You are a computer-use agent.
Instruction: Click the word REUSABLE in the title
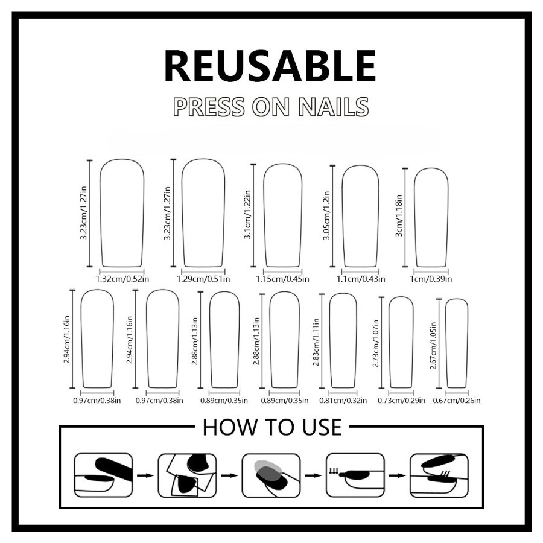[270, 66]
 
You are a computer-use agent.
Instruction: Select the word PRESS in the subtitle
[209, 106]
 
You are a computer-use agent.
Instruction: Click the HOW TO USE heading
[272, 427]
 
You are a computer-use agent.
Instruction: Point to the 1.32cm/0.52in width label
[122, 279]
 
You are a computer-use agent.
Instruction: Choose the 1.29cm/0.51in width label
[203, 279]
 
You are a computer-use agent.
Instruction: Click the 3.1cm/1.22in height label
[247, 214]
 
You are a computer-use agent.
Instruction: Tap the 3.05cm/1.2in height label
[326, 215]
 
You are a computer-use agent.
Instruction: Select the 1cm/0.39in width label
[431, 279]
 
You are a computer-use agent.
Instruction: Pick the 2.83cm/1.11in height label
[316, 342]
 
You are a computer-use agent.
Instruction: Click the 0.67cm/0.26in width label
[457, 401]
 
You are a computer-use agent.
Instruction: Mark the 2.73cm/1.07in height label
[376, 343]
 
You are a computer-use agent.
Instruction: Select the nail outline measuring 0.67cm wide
[446, 343]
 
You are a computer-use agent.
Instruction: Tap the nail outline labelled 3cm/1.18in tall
[414, 218]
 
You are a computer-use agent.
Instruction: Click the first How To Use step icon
[103, 475]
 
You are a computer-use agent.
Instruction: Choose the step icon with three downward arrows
[355, 475]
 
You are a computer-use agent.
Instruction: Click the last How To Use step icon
[439, 475]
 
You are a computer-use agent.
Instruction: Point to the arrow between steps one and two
[145, 475]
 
